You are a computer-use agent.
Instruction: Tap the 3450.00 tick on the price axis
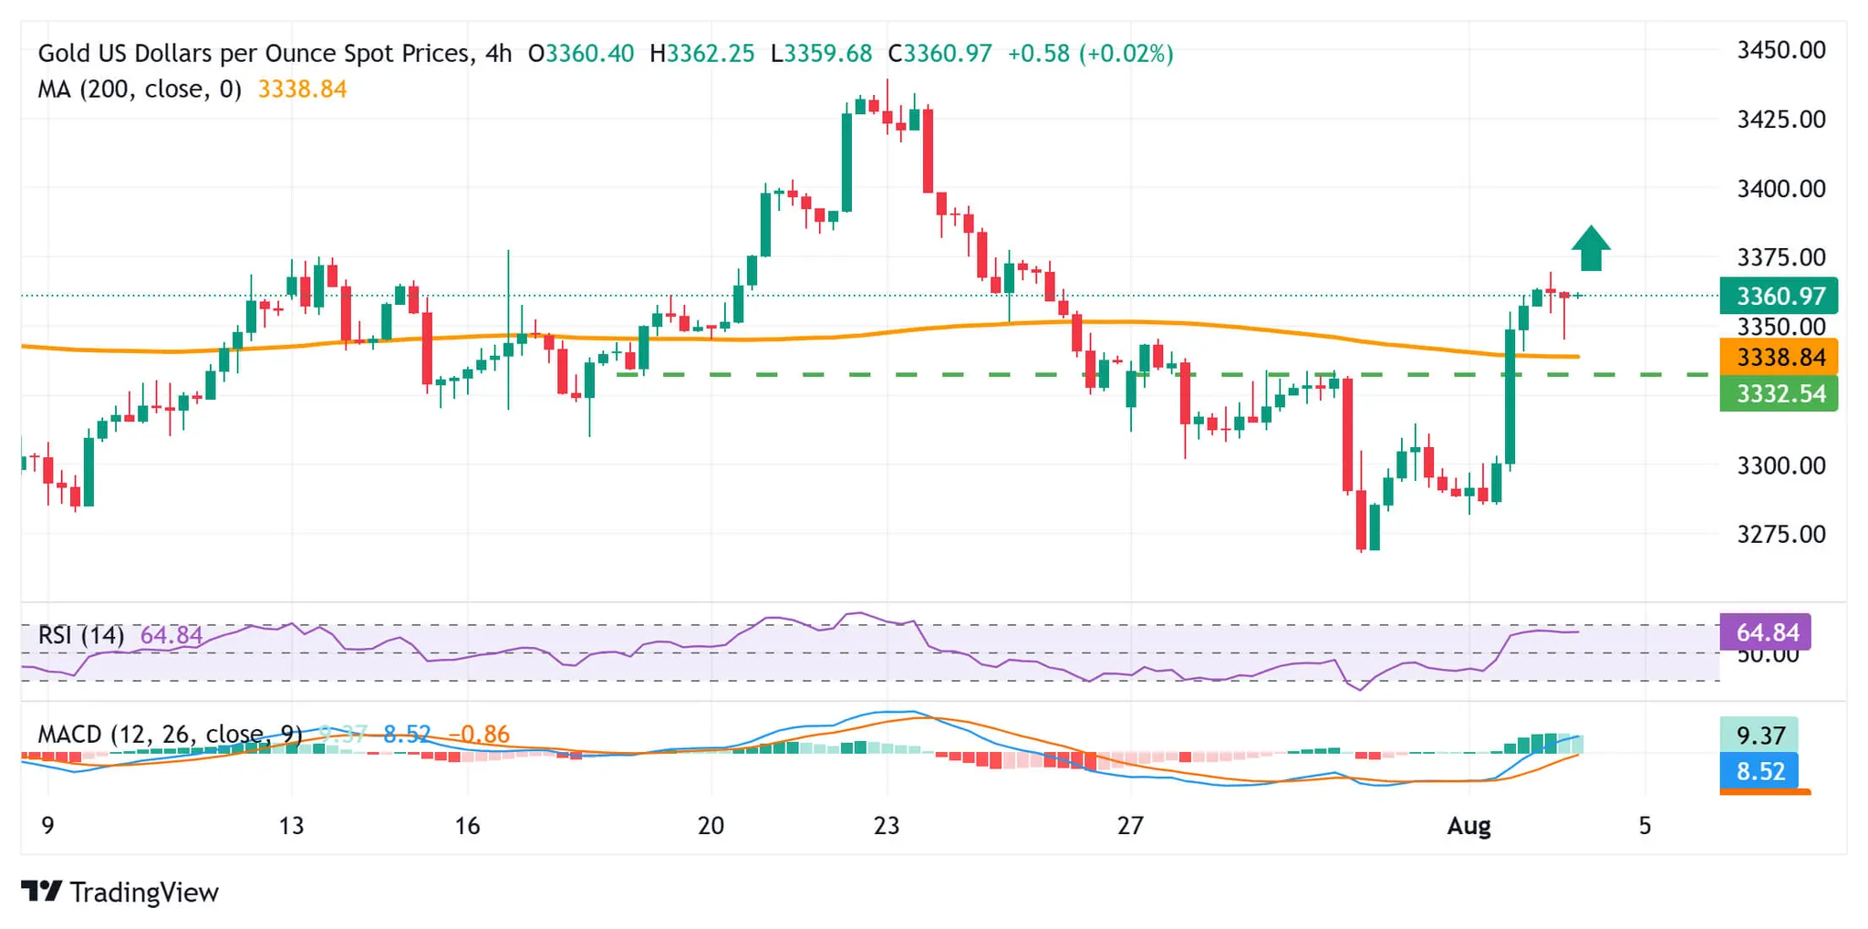pos(1780,50)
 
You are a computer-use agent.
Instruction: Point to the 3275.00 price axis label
pos(1780,534)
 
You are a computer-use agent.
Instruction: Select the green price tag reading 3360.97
pos(1779,296)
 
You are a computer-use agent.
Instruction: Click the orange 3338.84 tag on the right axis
pos(1779,357)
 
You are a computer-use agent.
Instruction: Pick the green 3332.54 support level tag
pos(1779,394)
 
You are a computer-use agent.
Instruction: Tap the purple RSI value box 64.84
pos(1766,632)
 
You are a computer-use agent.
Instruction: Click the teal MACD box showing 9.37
pos(1759,736)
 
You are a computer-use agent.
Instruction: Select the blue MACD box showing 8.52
pos(1759,771)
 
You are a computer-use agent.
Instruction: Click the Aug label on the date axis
pos(1468,826)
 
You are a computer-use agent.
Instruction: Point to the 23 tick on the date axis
pos(887,826)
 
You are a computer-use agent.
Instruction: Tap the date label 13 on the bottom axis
pos(291,826)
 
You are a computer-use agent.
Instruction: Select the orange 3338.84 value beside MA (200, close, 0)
pos(302,89)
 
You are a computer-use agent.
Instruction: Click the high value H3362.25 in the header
pos(702,54)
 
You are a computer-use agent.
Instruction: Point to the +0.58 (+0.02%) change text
pos(1090,54)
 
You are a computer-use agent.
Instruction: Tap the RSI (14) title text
pos(81,635)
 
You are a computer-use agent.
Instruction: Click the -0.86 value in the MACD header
pos(479,735)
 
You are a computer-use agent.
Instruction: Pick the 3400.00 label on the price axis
pos(1780,189)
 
